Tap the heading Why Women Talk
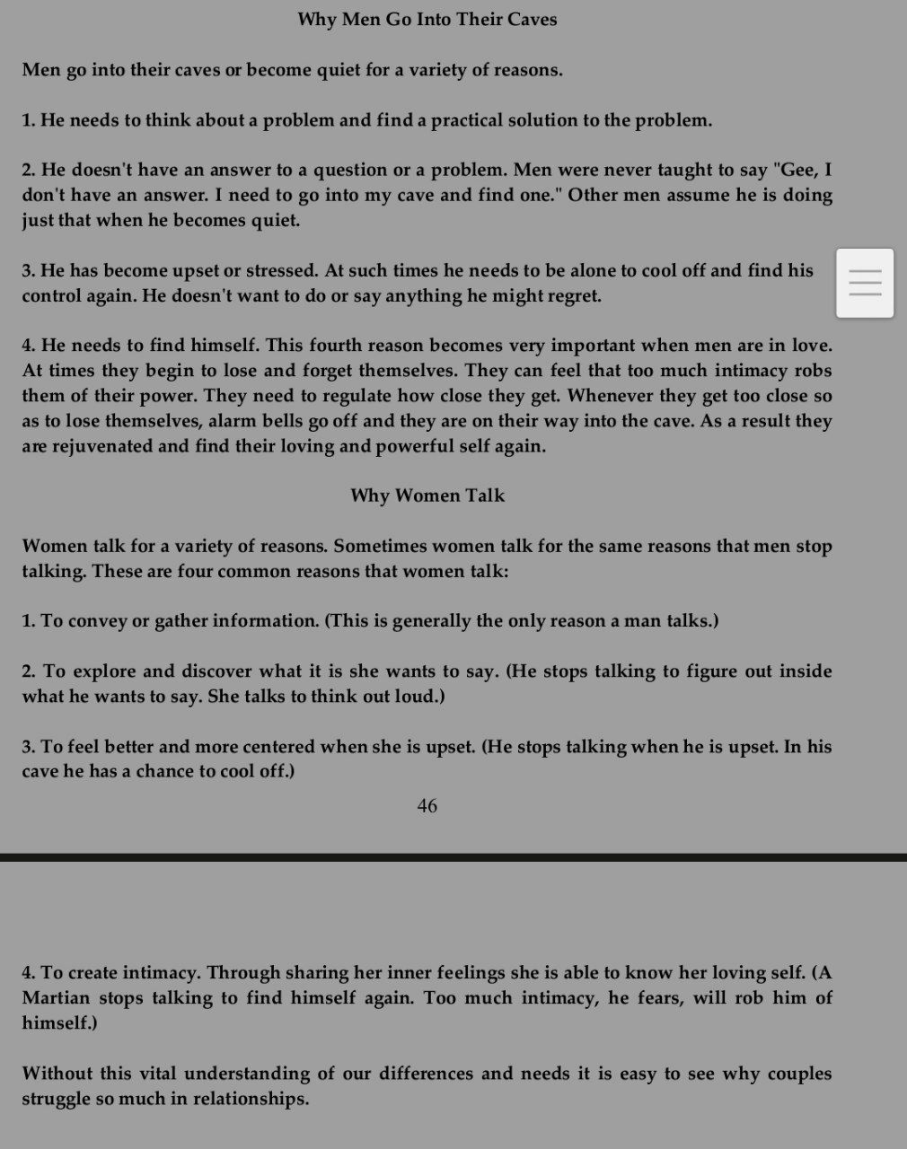coord(427,496)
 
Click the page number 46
coord(427,806)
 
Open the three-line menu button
coord(865,283)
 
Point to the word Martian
coord(57,997)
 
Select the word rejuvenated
coord(98,446)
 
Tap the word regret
coord(572,296)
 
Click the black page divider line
coord(453,857)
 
